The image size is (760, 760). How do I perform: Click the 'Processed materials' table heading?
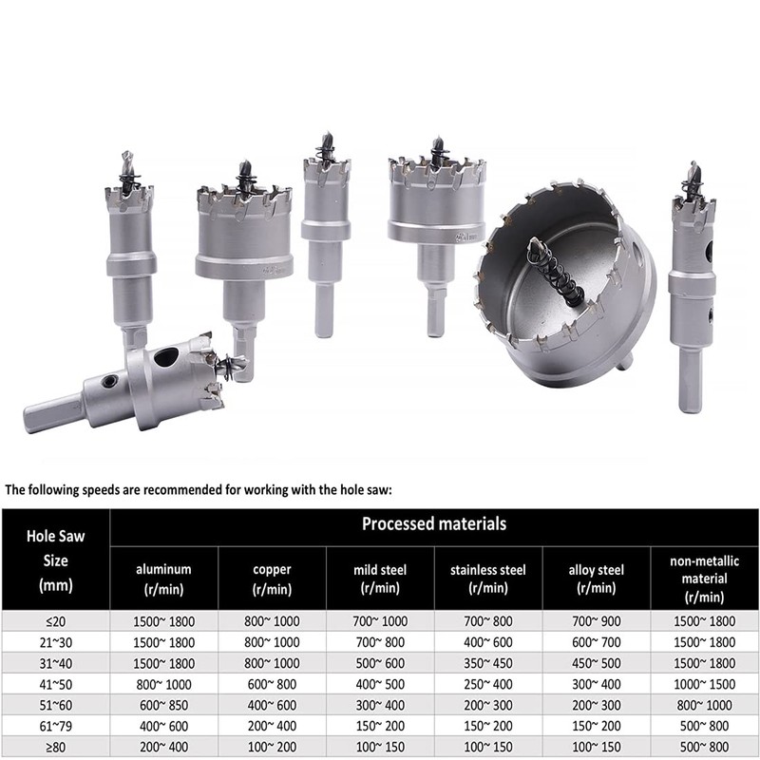434,524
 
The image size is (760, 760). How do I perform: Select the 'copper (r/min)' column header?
272,579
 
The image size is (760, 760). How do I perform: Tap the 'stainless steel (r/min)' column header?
488,579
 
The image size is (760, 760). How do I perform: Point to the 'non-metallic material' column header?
704,579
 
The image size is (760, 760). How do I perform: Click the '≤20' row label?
56,621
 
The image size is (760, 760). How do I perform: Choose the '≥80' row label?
56,747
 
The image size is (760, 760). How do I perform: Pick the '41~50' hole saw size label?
56,684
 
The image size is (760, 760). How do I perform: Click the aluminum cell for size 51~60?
163,705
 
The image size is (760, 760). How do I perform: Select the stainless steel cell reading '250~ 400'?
488,684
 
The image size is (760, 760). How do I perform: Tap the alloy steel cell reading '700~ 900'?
597,621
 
